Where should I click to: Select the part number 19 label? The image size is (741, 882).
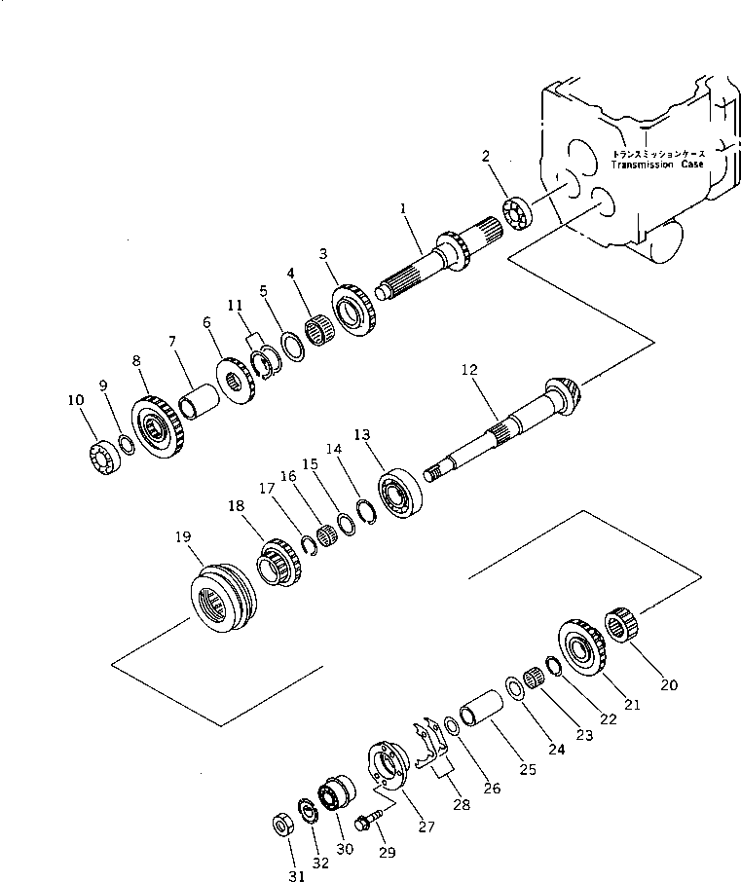pyautogui.click(x=183, y=536)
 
